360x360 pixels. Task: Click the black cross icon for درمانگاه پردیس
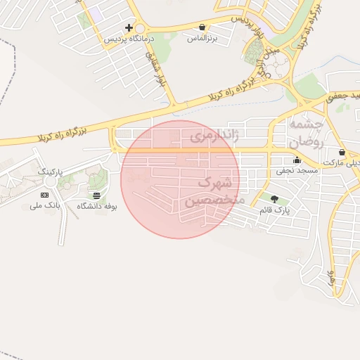(128, 27)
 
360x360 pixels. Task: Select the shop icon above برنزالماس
(202, 27)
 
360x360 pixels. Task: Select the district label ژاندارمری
(213, 137)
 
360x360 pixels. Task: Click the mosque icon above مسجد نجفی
(297, 160)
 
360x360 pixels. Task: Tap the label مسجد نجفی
(297, 170)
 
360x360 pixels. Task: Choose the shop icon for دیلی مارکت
(342, 152)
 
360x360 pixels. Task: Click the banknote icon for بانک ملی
(44, 195)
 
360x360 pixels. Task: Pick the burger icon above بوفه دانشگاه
(96, 195)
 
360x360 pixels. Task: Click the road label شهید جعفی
(340, 96)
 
